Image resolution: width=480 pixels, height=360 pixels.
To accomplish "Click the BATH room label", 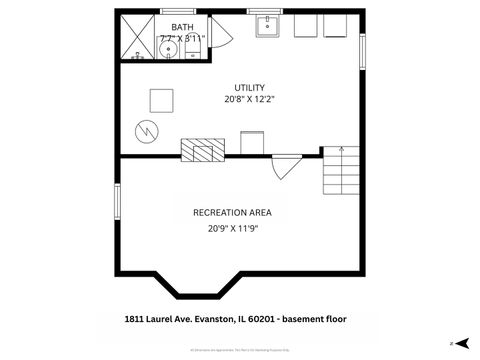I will (x=182, y=27).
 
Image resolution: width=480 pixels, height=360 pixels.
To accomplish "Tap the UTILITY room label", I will (x=249, y=87).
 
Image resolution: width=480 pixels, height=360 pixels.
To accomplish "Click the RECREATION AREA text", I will (x=232, y=212).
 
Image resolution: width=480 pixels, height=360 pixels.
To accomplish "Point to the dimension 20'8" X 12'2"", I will (x=249, y=100).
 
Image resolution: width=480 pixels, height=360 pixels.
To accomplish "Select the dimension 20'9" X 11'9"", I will (x=232, y=228).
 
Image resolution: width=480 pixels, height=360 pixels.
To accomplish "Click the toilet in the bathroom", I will (x=199, y=41).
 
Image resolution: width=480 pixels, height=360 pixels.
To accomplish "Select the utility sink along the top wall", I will (x=267, y=25).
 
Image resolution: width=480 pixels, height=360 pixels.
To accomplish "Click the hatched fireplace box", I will (x=198, y=149).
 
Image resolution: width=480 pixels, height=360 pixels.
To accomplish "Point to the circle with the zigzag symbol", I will (x=146, y=130).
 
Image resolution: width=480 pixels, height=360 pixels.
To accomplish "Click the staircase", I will (x=340, y=170).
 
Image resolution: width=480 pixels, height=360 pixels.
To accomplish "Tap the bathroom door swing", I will (x=222, y=35).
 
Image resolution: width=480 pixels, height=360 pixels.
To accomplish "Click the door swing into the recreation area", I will (x=285, y=166).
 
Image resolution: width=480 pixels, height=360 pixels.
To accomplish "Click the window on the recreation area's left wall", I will (x=118, y=200).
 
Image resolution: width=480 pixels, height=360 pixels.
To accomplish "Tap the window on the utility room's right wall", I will (x=362, y=50).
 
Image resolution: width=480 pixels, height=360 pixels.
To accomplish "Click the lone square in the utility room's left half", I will (x=160, y=100).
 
